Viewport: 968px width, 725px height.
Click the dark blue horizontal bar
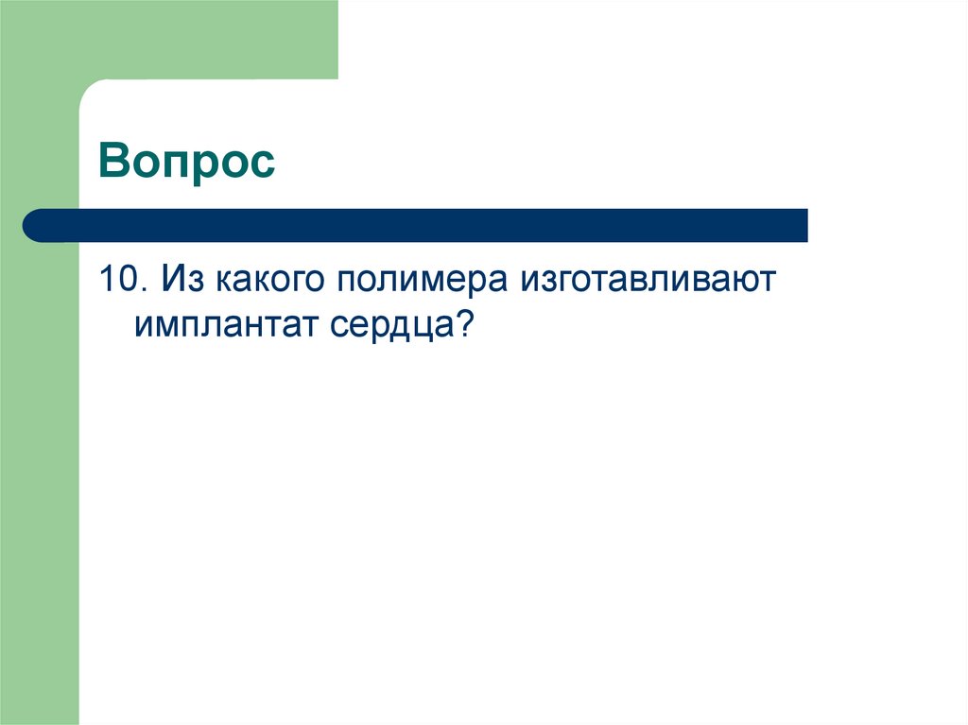[x=425, y=225]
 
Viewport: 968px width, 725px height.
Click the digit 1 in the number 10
[x=107, y=281]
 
